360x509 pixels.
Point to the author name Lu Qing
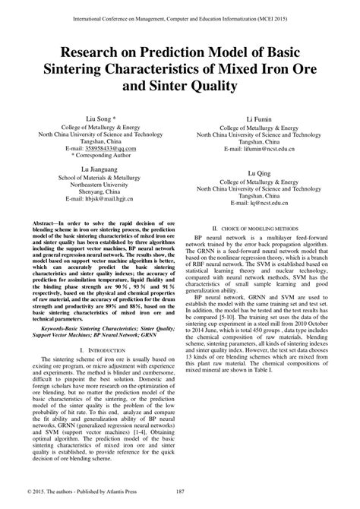(x=262, y=174)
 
